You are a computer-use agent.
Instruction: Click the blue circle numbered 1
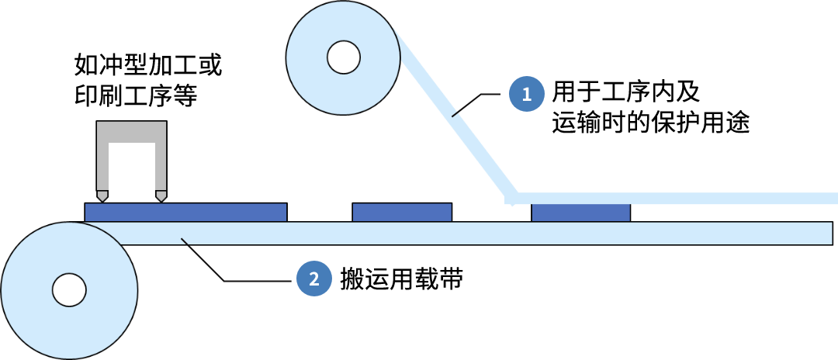point(527,95)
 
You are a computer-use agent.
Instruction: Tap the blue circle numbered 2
point(313,279)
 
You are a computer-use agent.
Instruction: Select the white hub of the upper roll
point(343,57)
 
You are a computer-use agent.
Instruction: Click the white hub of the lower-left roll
point(69,289)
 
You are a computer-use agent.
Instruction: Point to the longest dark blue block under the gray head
point(185,212)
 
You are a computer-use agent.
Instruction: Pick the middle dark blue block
point(402,212)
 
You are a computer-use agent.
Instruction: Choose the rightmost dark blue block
point(580,212)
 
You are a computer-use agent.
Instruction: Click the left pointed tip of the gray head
point(102,196)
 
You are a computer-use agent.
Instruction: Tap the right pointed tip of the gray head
point(161,196)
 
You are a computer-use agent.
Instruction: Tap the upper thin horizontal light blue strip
point(675,199)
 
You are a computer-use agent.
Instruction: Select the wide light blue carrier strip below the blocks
point(481,234)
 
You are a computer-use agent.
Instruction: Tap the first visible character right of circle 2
point(346,279)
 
